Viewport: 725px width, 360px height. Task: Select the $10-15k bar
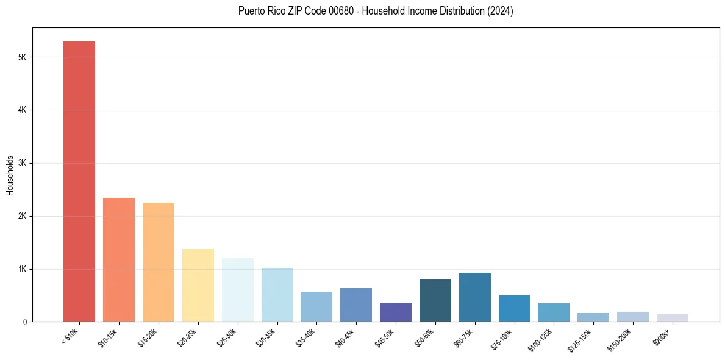[119, 260]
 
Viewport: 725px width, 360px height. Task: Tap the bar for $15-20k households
[159, 262]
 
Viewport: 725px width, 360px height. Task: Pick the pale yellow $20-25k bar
[198, 286]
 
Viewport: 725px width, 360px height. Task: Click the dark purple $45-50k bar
[396, 312]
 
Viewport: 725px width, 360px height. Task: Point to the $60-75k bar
[475, 297]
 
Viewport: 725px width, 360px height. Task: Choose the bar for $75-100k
[514, 309]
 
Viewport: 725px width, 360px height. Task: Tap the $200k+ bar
[673, 318]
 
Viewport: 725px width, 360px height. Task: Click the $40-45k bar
[356, 305]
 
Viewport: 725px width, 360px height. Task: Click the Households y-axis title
[10, 175]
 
